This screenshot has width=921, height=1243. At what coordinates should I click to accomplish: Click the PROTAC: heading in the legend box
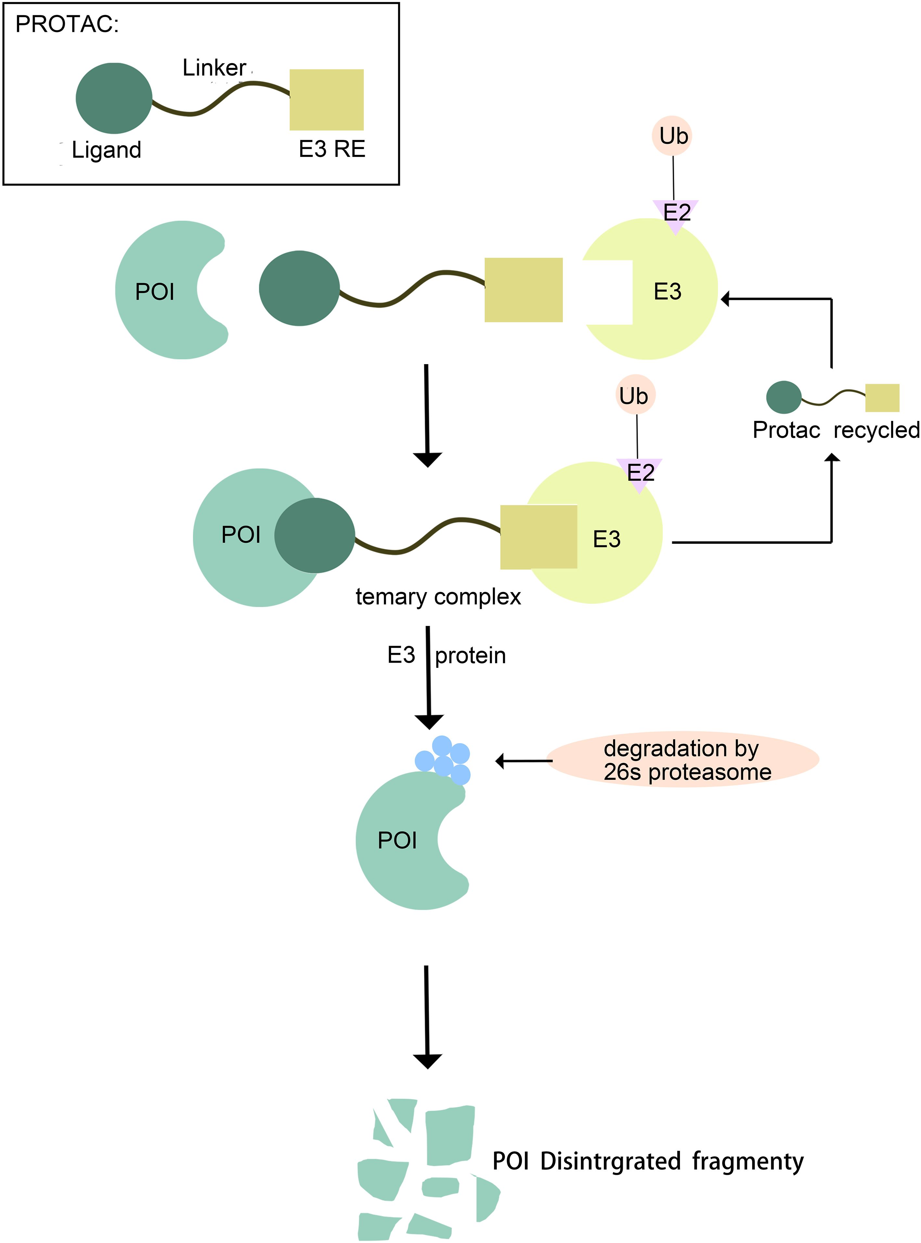(x=67, y=25)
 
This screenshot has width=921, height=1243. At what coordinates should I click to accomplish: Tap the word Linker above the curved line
(x=214, y=68)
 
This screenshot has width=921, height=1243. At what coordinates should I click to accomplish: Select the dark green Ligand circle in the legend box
(x=114, y=98)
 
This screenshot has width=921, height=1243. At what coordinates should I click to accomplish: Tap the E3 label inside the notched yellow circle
(x=667, y=292)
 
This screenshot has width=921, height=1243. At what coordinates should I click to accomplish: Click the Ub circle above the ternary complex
(x=635, y=396)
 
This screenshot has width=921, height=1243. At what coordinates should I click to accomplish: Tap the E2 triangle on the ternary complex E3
(x=639, y=473)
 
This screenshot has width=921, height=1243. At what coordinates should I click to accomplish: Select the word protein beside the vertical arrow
(x=470, y=655)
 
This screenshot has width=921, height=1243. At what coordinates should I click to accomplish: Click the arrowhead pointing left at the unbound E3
(x=725, y=299)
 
